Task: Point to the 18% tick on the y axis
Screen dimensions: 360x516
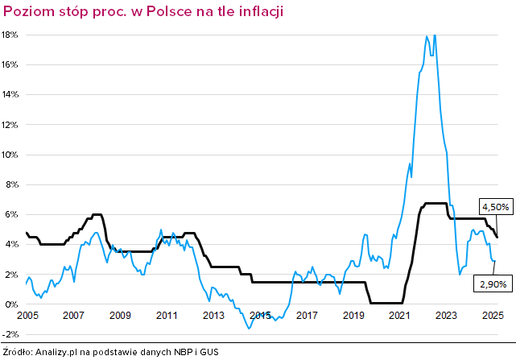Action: (10, 35)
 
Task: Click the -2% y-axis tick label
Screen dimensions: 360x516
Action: (10, 334)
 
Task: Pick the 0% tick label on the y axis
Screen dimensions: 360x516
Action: (12, 304)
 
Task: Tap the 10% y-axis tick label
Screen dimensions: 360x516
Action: (10, 155)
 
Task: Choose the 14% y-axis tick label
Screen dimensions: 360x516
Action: (10, 95)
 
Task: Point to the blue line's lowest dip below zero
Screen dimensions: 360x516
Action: (250, 328)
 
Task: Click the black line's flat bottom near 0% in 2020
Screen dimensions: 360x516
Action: (386, 303)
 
